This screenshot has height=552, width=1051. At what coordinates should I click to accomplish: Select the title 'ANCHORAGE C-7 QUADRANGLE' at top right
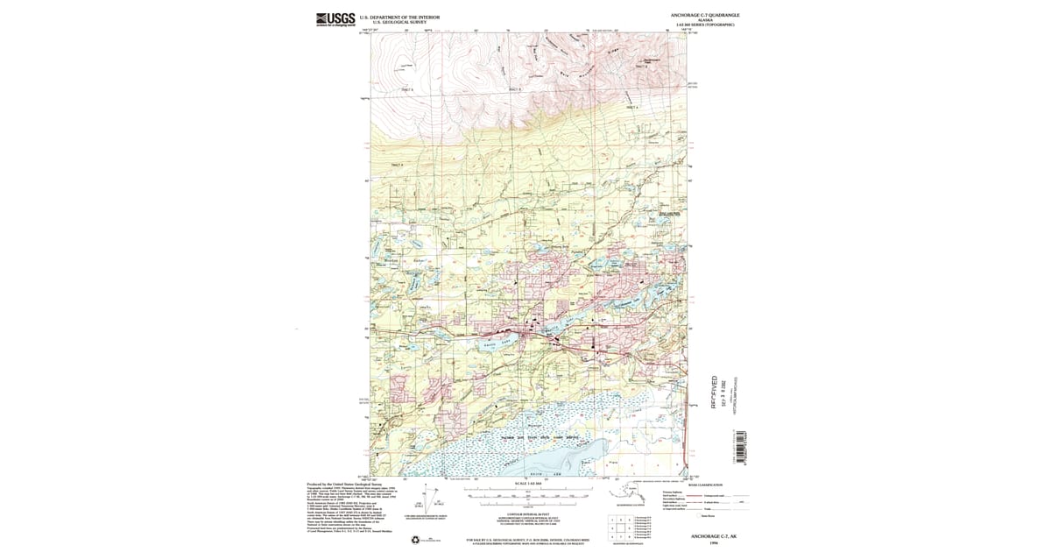click(705, 15)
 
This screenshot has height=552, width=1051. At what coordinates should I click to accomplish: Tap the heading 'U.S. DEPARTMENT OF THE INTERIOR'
click(399, 17)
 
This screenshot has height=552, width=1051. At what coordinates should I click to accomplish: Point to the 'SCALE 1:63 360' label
click(524, 484)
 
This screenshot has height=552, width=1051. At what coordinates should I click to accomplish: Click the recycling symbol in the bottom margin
click(415, 540)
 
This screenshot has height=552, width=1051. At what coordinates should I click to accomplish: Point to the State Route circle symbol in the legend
click(695, 517)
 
